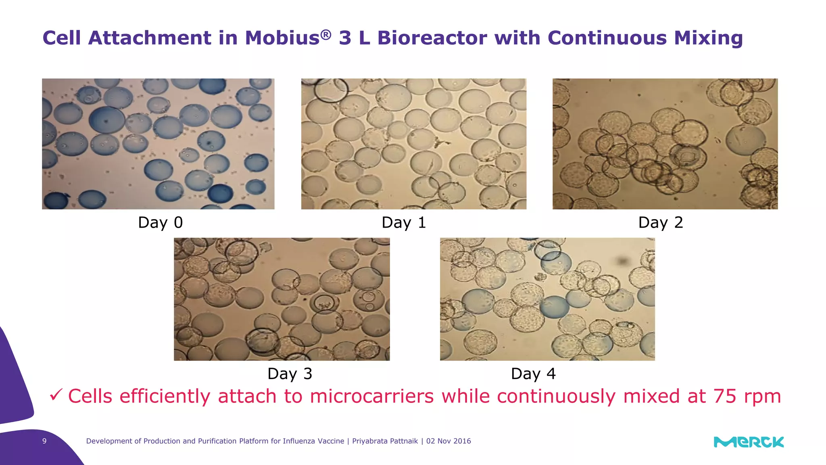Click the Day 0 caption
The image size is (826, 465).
pyautogui.click(x=160, y=222)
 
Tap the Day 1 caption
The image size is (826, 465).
pyautogui.click(x=404, y=222)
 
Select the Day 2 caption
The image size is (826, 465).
pyautogui.click(x=661, y=222)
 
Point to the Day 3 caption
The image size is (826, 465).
pyautogui.click(x=290, y=374)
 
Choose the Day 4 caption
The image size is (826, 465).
pyautogui.click(x=533, y=374)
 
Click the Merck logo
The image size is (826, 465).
pyautogui.click(x=749, y=442)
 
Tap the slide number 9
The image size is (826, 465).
pyautogui.click(x=44, y=441)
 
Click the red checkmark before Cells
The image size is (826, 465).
pyautogui.click(x=56, y=395)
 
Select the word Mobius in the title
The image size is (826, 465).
pyautogui.click(x=282, y=38)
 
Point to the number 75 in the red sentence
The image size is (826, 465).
pyautogui.click(x=725, y=396)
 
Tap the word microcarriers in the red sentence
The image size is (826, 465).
pyautogui.click(x=371, y=396)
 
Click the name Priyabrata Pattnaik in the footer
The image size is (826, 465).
pyautogui.click(x=385, y=441)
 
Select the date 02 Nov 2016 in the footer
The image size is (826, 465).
pyautogui.click(x=448, y=441)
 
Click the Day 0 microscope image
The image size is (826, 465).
pyautogui.click(x=158, y=144)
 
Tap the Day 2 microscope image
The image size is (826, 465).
pyautogui.click(x=665, y=144)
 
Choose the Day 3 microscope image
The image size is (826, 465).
pyautogui.click(x=282, y=299)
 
